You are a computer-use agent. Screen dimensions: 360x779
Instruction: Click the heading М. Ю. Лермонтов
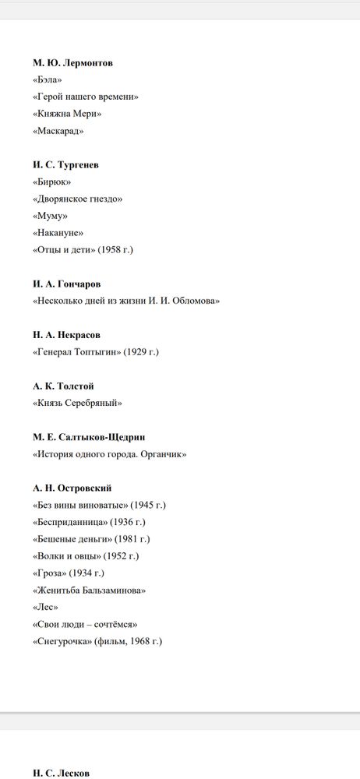72,63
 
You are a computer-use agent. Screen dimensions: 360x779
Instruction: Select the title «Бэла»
48,80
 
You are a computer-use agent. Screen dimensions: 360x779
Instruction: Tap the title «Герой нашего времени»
85,97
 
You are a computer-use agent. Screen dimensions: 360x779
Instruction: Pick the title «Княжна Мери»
67,115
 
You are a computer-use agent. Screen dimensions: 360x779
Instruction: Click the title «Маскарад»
58,132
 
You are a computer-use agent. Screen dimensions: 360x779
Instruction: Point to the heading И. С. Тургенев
65,165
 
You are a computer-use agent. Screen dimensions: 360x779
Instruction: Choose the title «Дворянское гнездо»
77,199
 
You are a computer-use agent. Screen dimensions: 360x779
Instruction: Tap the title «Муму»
50,216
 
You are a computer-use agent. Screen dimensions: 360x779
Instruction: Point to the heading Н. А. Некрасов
66,335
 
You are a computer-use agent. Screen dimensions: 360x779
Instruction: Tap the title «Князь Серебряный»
77,403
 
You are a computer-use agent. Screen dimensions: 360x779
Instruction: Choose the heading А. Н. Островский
72,488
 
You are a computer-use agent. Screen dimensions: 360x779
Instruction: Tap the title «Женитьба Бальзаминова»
90,590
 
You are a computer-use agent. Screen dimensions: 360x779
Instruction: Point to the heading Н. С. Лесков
61,773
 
